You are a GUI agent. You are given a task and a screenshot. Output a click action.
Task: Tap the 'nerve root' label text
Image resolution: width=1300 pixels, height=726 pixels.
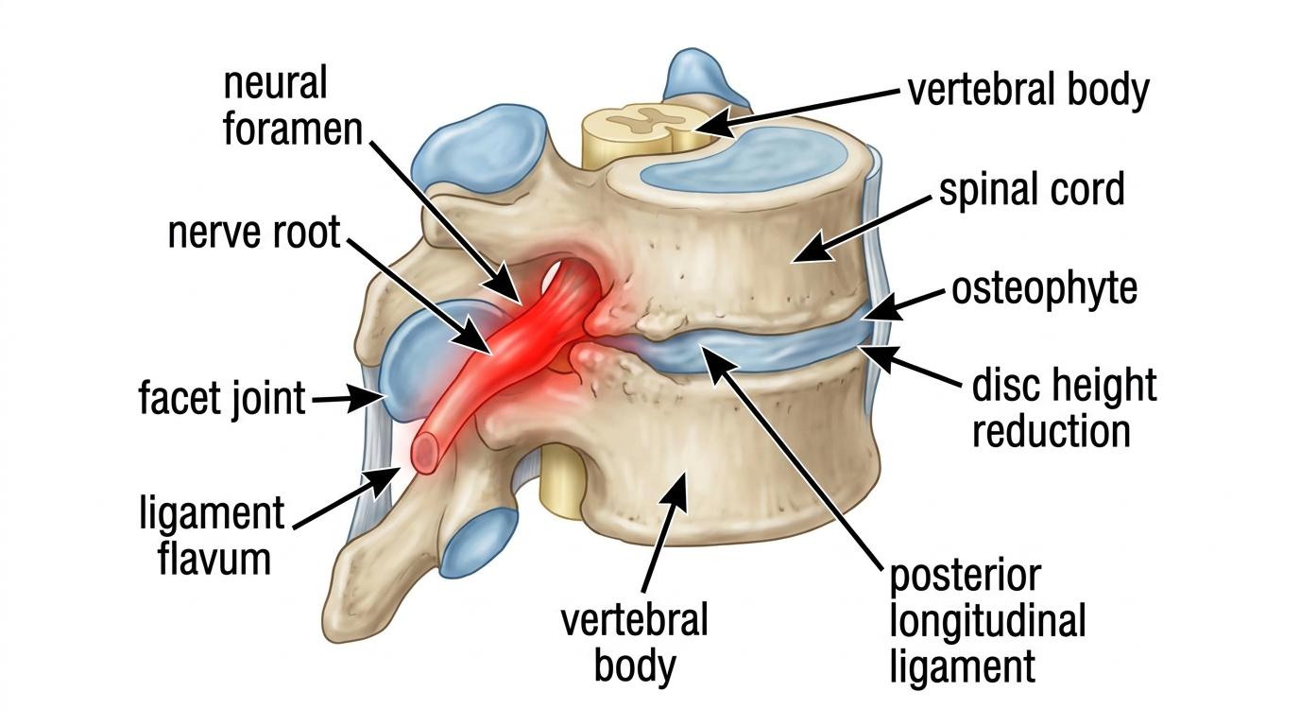[254, 233]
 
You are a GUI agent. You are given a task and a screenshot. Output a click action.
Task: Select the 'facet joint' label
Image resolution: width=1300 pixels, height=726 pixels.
[222, 398]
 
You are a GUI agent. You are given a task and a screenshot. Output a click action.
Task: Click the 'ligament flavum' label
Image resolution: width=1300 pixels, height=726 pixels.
[213, 535]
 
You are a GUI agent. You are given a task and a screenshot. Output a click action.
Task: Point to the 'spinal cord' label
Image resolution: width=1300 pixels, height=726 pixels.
[1032, 190]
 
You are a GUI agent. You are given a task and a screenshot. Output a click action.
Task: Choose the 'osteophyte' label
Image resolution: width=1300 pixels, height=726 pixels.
[1045, 288]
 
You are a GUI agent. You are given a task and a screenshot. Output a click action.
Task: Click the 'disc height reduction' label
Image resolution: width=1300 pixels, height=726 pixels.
[1064, 408]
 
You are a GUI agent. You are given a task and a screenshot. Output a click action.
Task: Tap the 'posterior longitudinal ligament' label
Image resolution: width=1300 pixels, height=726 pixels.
[987, 622]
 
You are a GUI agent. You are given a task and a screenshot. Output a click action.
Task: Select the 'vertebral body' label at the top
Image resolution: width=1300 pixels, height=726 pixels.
[1029, 90]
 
